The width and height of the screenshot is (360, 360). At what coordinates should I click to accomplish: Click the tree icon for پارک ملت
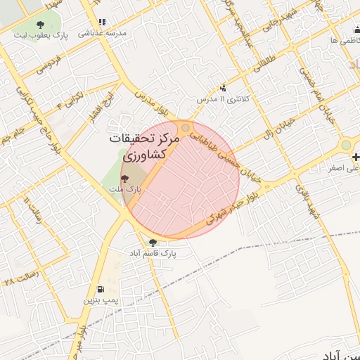[125, 179]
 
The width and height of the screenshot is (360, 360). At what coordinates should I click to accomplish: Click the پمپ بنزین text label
[98, 301]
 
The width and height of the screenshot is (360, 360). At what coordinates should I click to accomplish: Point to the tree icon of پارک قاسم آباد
[153, 242]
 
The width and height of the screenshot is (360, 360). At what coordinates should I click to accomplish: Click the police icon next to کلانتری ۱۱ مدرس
[223, 89]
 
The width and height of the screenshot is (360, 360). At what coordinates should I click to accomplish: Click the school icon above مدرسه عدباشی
[103, 22]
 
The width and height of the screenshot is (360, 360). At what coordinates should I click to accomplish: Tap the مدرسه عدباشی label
[101, 33]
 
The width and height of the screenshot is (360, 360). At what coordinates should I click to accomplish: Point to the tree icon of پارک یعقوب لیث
[40, 25]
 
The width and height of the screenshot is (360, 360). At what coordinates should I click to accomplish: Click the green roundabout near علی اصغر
[345, 146]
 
